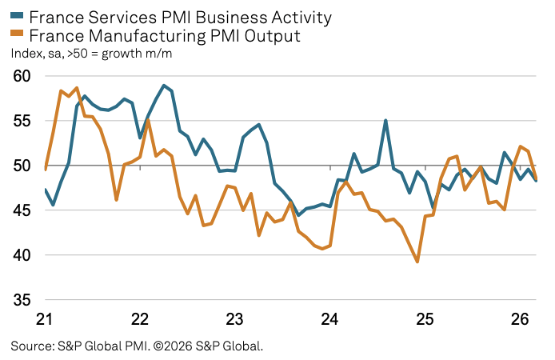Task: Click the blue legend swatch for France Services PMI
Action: coord(17,17)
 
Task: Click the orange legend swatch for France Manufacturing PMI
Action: coord(17,36)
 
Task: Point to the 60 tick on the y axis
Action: coord(22,76)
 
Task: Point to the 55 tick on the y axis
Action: coord(22,121)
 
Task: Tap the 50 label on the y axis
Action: coord(22,166)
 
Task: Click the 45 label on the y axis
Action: coord(22,210)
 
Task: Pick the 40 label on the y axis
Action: coord(22,255)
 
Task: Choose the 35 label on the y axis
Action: coord(22,300)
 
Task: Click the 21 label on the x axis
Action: coord(45,319)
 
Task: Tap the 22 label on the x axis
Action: coord(140,319)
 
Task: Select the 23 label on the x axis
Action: coord(235,319)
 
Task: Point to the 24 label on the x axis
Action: coord(330,319)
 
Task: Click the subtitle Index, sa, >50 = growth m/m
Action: coord(91,54)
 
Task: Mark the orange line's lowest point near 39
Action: coord(417,262)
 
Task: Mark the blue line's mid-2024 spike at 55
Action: coord(385,121)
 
